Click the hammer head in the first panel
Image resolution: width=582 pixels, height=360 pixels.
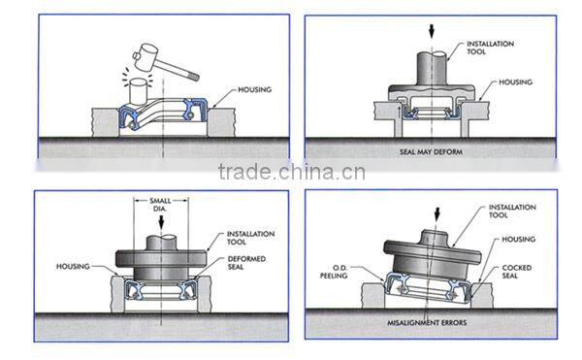pos(145,57)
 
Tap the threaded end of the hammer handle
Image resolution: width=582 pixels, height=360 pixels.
pos(194,77)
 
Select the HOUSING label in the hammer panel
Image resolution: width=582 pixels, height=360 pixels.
pos(254,89)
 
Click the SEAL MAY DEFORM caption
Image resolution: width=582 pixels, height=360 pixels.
pos(431,151)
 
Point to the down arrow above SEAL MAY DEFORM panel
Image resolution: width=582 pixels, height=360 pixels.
pos(432,31)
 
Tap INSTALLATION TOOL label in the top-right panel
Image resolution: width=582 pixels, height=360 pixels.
pos(490,48)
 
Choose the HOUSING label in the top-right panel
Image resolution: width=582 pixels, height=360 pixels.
pos(515,82)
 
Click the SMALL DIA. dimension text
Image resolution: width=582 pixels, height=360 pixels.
pos(160,205)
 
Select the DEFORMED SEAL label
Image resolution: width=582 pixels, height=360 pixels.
pos(246,262)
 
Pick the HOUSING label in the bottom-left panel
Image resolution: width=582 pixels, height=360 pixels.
pos(73,266)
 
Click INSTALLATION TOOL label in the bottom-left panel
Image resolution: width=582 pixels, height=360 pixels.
pos(250,238)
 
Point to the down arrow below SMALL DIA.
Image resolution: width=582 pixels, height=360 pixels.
pos(161,222)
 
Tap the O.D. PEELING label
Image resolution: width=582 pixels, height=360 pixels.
pos(334,272)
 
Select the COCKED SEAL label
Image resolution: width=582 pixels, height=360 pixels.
pos(517,272)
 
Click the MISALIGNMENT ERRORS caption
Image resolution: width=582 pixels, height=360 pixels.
pos(427,322)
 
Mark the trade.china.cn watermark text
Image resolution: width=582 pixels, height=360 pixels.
pos(292,172)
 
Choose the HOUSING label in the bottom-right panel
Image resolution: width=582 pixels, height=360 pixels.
pos(519,240)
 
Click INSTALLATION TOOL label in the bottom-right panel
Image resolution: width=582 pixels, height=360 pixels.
pos(512,211)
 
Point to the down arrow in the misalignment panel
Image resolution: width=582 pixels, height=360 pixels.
pos(437,214)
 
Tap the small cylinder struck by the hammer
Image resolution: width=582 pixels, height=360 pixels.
pos(139,92)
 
